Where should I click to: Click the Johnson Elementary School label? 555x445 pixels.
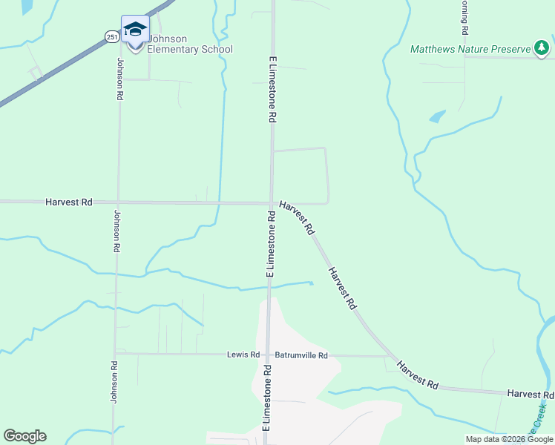(x=189, y=44)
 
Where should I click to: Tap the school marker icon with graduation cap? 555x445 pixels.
(x=135, y=31)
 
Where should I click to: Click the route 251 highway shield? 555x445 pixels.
(x=111, y=36)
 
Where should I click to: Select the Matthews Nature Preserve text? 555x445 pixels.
(x=470, y=50)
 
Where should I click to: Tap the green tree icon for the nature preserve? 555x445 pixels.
(x=542, y=49)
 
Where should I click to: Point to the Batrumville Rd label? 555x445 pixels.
(x=301, y=355)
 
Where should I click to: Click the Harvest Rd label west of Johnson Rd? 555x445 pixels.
(x=68, y=202)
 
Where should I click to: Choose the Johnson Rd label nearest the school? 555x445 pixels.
(x=119, y=79)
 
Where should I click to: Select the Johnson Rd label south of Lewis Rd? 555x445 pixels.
(x=114, y=382)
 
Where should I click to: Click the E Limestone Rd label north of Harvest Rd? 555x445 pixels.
(x=272, y=88)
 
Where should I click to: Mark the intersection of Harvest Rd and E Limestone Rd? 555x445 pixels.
(x=271, y=202)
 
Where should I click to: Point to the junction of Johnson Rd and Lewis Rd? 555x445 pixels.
(x=116, y=354)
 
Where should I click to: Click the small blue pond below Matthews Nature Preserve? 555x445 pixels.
(x=437, y=116)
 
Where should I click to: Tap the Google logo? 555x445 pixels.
(x=24, y=436)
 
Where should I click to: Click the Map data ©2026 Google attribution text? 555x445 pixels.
(x=509, y=439)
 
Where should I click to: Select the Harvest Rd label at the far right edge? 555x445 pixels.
(x=530, y=393)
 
